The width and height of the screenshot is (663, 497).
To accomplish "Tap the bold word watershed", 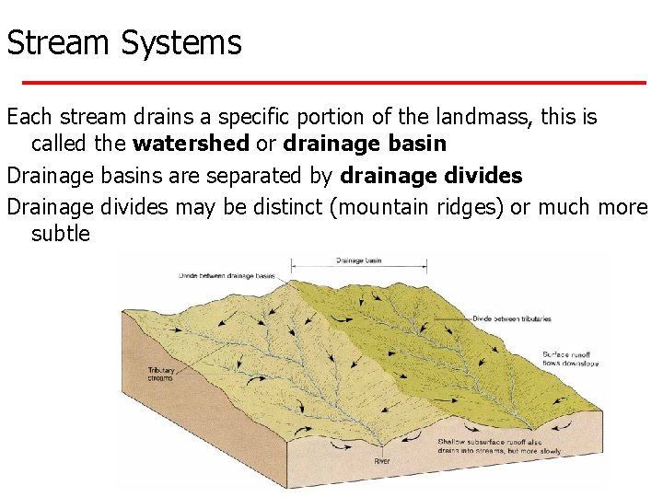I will pyautogui.click(x=191, y=144).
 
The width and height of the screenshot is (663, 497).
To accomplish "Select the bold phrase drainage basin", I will pyautogui.click(x=366, y=144).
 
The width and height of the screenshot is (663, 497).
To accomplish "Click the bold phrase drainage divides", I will pyautogui.click(x=431, y=176).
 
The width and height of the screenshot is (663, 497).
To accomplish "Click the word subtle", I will pyautogui.click(x=61, y=234).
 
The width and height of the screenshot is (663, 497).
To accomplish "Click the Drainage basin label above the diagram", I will pyautogui.click(x=358, y=260).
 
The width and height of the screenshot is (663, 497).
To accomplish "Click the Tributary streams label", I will pyautogui.click(x=159, y=375).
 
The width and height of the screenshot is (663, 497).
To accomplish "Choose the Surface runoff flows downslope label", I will pyautogui.click(x=570, y=358).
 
